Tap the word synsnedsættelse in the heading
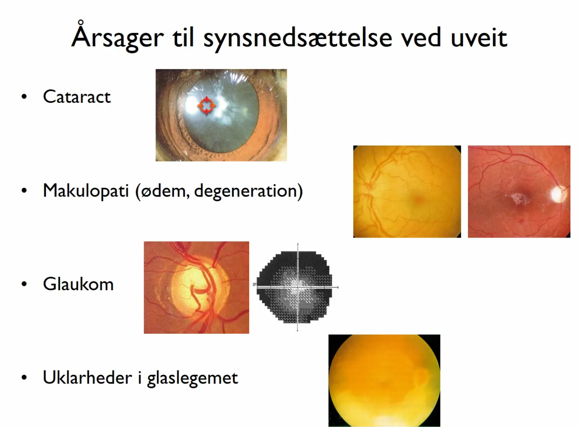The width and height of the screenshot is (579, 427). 298,38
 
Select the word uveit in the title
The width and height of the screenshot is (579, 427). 479,38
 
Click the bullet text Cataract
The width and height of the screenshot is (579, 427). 77,97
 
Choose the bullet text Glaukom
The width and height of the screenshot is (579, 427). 78,284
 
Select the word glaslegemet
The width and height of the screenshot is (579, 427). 192,379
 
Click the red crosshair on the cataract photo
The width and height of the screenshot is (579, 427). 206,106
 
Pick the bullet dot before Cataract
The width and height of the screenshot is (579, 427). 24,97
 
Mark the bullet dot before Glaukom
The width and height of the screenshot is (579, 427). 24,284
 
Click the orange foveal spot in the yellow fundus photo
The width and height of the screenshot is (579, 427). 418,200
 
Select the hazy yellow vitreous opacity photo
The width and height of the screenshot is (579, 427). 384,380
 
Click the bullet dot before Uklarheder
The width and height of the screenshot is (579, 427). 24,377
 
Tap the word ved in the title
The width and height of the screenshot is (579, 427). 420,38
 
